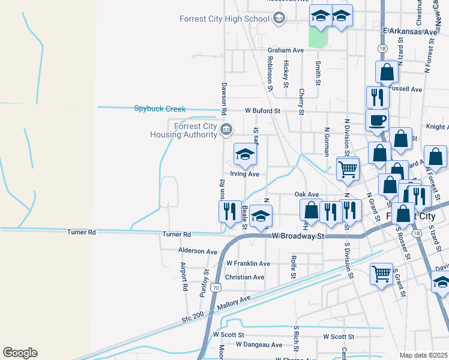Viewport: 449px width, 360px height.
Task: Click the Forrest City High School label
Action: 224,19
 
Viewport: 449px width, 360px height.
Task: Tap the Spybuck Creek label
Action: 160,109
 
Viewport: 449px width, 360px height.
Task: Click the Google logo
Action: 20,353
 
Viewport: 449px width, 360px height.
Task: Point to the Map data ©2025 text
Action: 424,355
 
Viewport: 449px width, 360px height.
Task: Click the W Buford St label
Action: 262,111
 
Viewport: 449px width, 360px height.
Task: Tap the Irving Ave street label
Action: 244,174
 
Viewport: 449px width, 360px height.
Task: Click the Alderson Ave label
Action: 197,251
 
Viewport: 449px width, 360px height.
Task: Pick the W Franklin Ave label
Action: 248,263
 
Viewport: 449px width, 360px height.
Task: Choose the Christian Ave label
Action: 244,277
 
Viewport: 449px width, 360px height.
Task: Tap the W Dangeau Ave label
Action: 259,345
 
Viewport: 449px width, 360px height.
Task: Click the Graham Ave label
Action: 286,50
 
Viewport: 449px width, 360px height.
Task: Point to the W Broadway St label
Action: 298,236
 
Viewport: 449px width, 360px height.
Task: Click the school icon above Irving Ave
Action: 245,155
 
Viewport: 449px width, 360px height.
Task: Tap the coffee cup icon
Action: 377,119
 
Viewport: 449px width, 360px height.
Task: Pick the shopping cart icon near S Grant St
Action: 382,274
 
